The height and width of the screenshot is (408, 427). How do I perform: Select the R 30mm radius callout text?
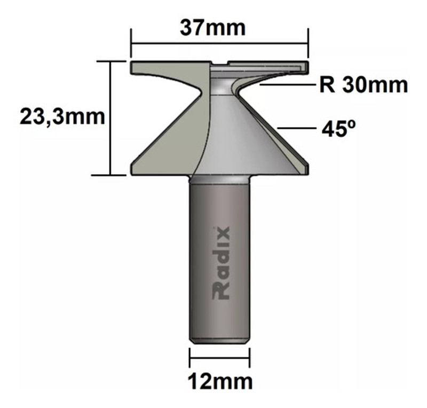click(363, 84)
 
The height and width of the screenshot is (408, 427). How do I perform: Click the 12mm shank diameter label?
click(219, 381)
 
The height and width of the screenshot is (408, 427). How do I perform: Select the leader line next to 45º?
click(296, 129)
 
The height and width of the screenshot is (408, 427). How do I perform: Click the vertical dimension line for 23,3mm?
click(111, 117)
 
